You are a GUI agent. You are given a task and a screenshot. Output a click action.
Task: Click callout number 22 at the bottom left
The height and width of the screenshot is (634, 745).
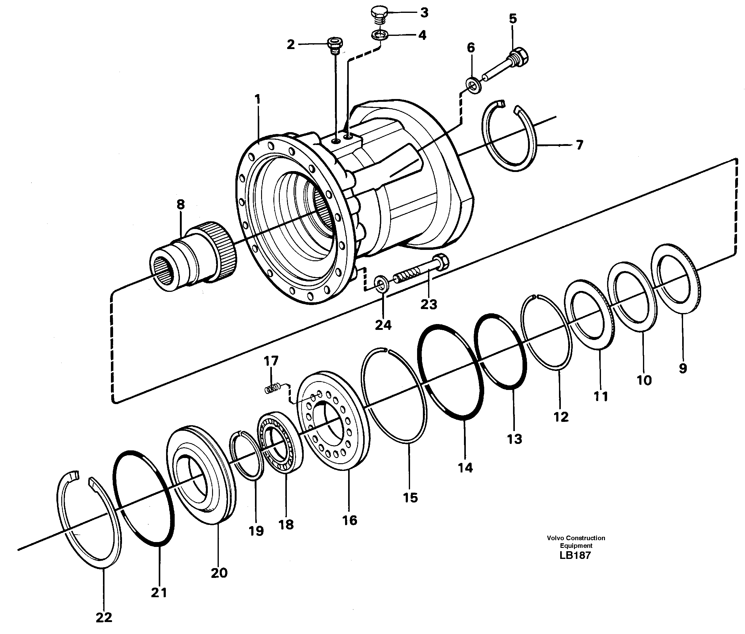coord(104,617)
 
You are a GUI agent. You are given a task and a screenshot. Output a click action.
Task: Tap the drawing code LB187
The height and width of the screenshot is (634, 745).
coord(575,555)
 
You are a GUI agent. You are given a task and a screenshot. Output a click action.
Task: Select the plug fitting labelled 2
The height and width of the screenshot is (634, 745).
coord(335,45)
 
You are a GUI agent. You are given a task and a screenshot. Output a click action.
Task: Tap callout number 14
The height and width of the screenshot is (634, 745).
coord(465,468)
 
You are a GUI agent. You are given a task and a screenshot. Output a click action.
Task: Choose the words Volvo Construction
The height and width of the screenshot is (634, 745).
coord(576,538)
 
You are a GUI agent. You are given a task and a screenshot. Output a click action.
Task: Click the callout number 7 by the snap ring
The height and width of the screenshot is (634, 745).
coord(579,145)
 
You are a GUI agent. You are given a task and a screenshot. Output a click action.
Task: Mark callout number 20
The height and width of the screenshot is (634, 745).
coord(219,573)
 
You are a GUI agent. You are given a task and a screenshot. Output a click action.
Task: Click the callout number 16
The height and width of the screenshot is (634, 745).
coord(349,520)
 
